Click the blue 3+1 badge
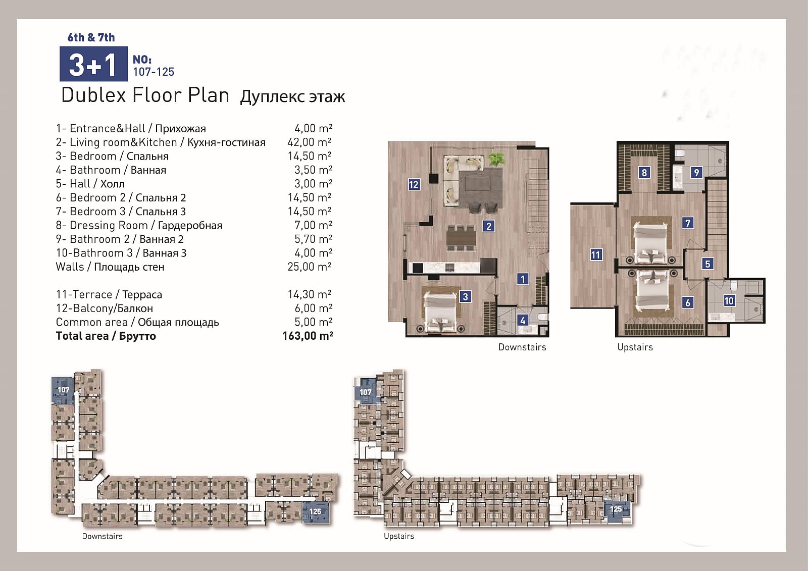(x=93, y=64)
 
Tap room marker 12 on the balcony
(x=414, y=185)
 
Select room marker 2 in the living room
(x=489, y=226)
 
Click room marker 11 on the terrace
(x=596, y=255)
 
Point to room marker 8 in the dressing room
(x=644, y=173)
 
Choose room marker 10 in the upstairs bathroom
(x=729, y=300)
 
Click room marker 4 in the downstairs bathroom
(x=523, y=320)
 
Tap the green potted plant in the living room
(x=496, y=158)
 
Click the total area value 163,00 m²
(x=308, y=336)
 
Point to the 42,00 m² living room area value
(x=310, y=142)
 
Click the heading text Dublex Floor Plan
(x=145, y=95)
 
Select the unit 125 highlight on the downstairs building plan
(x=316, y=512)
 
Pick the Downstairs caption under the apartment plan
(x=522, y=347)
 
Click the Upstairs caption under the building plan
(x=399, y=536)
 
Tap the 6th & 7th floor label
(x=91, y=37)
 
